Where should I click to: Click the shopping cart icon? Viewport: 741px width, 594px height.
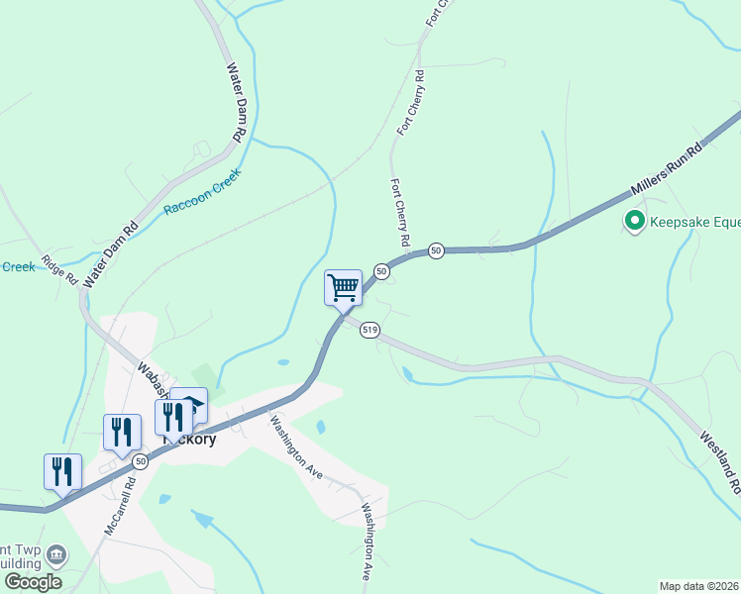point(343,288)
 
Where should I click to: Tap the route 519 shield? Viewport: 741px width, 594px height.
point(370,330)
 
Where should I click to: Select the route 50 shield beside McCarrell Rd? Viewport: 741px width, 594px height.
point(141,461)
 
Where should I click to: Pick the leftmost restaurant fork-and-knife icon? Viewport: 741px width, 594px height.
point(62,470)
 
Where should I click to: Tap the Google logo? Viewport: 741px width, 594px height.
point(33,582)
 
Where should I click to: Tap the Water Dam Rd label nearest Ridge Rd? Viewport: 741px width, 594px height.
point(111,255)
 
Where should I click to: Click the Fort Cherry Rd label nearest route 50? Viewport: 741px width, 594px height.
point(400,213)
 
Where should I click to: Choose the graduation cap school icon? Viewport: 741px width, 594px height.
point(190,404)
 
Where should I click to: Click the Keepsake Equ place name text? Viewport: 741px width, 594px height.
point(693,221)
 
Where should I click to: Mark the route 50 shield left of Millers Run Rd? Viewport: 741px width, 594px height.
point(436,251)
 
